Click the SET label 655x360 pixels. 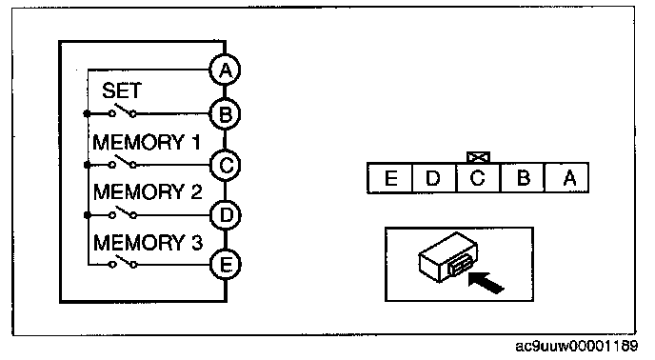click(122, 90)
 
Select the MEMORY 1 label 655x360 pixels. click(147, 142)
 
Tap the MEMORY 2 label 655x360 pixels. click(148, 192)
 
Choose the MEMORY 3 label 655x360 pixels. click(148, 243)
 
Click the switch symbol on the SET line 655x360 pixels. click(123, 110)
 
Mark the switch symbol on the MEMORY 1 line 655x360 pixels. click(123, 162)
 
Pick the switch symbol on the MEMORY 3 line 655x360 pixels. click(123, 262)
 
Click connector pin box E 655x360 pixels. click(389, 178)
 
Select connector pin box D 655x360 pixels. click(434, 178)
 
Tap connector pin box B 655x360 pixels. click(522, 178)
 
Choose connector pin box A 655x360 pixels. click(566, 178)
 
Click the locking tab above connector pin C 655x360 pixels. click(478, 157)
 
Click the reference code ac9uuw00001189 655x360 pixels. click(577, 347)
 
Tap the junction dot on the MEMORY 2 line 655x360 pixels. click(88, 215)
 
